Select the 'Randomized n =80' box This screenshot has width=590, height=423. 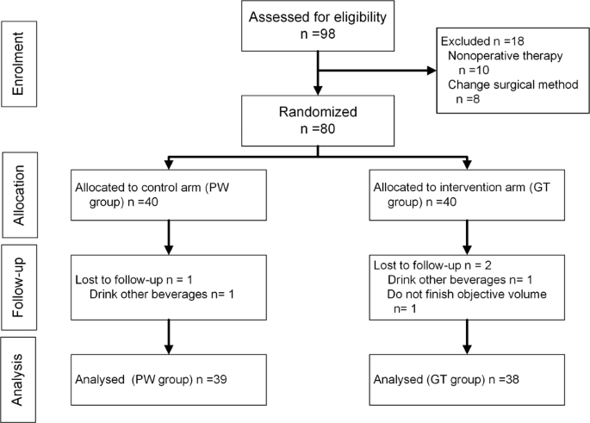click(x=320, y=120)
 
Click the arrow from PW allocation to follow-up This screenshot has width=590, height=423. click(x=170, y=237)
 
